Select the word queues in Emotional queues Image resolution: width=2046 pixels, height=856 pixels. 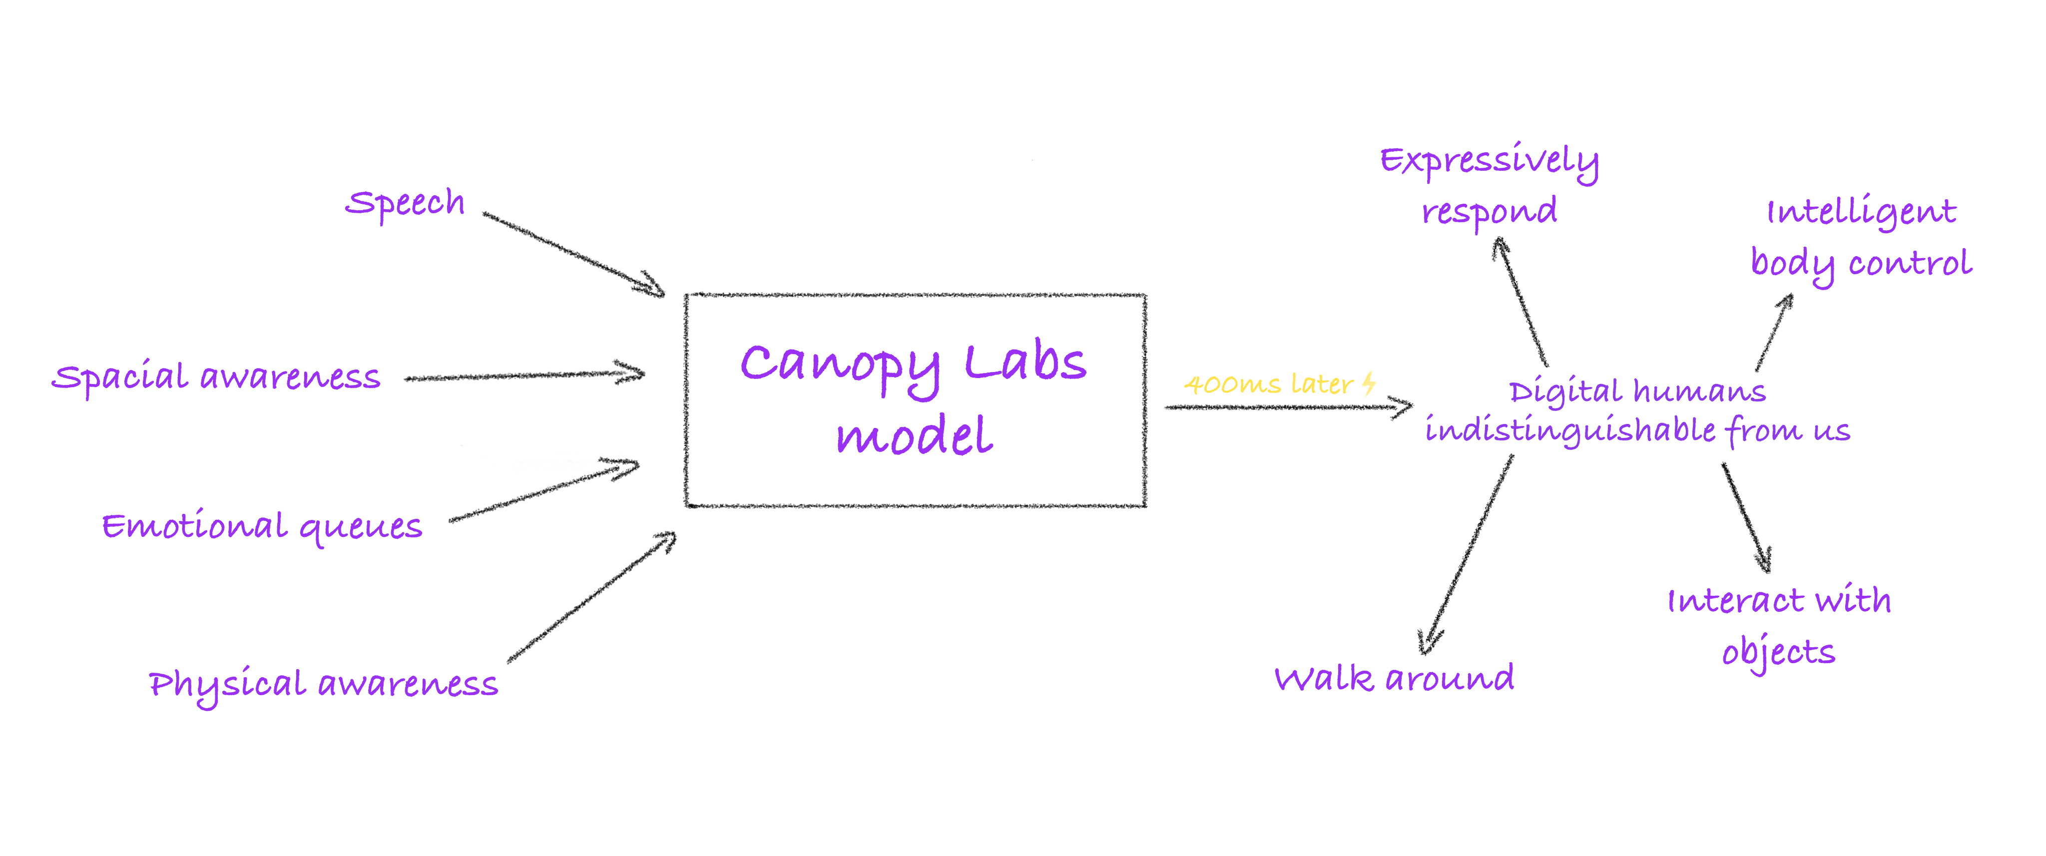[361, 527]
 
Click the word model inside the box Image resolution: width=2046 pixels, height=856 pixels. [914, 436]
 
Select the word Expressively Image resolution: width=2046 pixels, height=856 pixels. [1489, 161]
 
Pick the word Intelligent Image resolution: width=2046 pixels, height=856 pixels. [1861, 213]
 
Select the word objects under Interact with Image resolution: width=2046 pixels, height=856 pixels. [1778, 653]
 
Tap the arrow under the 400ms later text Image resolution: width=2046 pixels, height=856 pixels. [1287, 408]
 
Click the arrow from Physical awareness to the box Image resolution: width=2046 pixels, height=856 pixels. [592, 597]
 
